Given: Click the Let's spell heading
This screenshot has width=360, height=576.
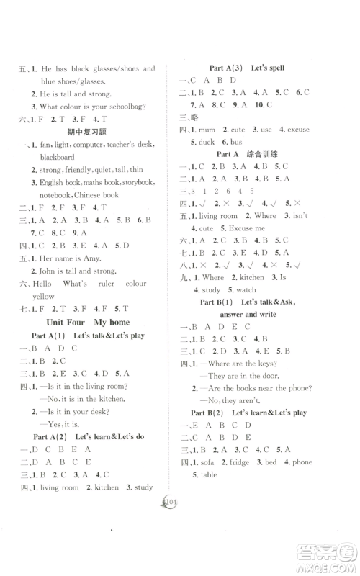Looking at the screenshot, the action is tap(267, 68).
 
